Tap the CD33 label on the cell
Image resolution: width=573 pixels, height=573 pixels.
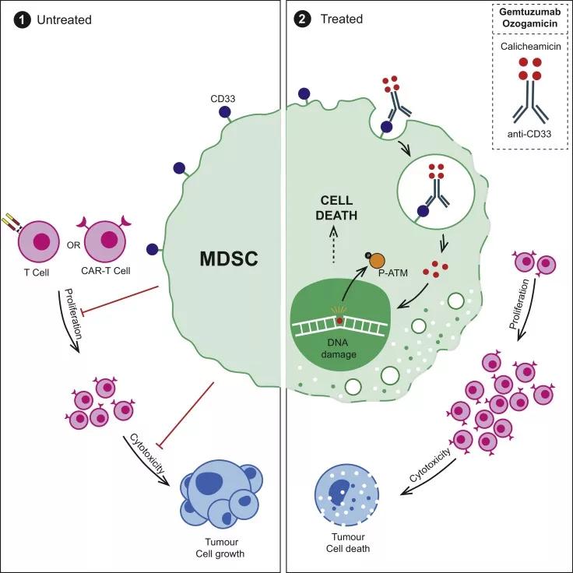coord(223,99)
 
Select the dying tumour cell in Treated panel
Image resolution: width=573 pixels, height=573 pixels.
coord(350,496)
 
